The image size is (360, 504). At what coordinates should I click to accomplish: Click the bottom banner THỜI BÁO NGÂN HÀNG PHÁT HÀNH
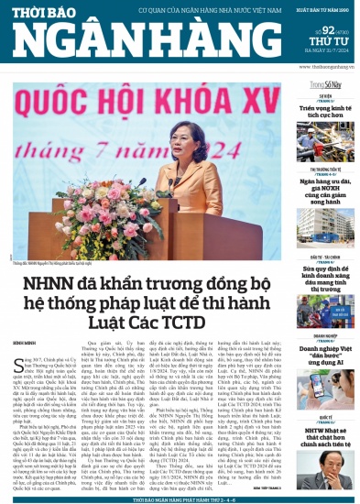coord(180,499)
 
